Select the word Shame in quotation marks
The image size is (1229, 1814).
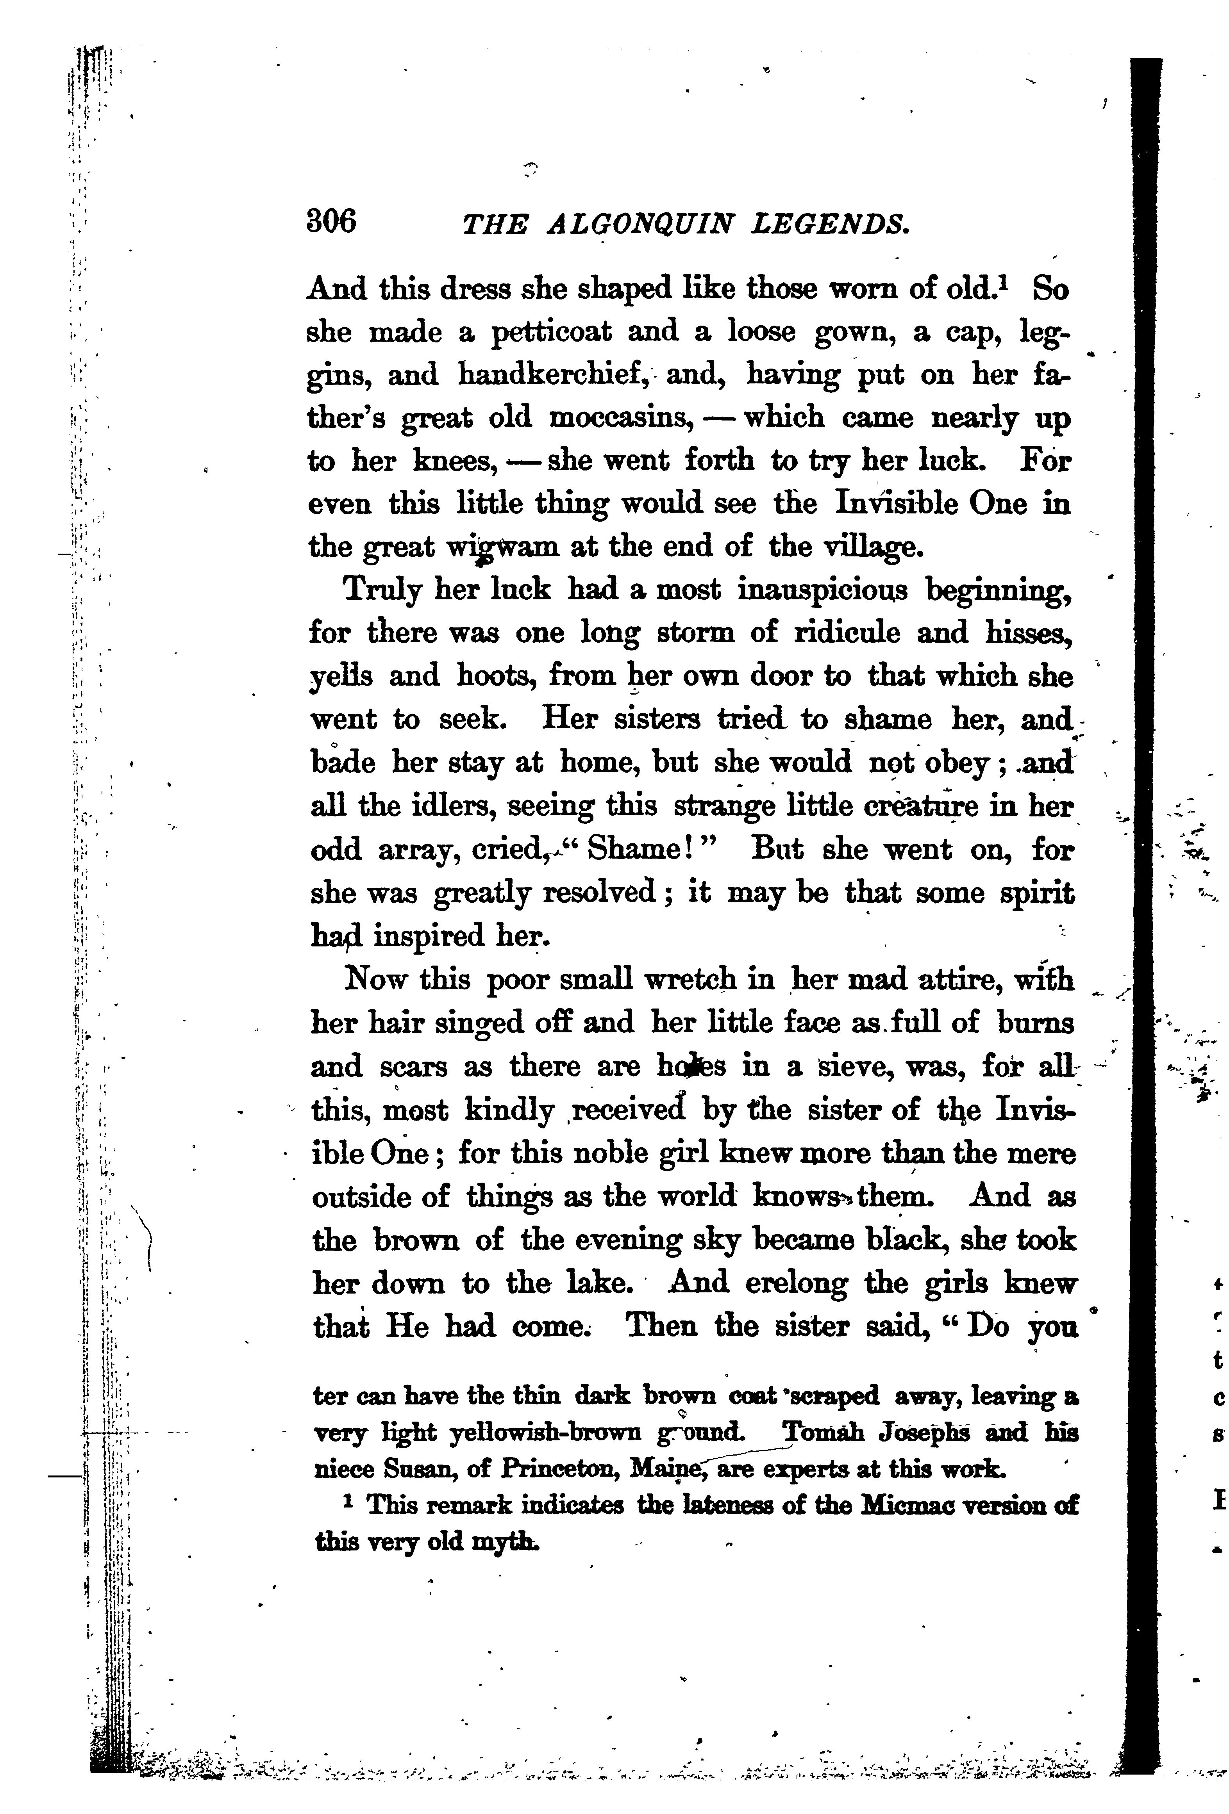coord(634,849)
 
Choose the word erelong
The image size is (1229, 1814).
coord(786,1283)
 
